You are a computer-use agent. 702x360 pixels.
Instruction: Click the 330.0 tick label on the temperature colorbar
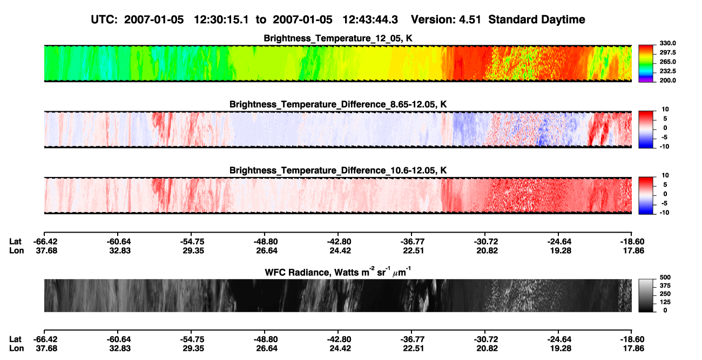[x=667, y=43]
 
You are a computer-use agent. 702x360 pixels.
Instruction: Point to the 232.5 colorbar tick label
[x=667, y=71]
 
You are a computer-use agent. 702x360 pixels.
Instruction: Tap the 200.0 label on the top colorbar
[x=667, y=80]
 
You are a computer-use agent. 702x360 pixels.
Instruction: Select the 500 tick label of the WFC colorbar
[x=665, y=277]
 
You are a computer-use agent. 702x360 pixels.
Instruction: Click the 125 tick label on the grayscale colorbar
[x=665, y=302]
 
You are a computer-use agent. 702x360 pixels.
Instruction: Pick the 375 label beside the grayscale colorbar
[x=665, y=286]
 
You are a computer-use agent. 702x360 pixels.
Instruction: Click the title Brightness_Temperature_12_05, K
[x=338, y=38]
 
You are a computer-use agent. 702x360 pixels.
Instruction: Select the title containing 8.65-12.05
[x=338, y=104]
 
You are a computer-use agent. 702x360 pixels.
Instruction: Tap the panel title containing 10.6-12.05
[x=338, y=171]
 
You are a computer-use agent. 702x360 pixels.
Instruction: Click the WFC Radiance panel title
[x=338, y=271]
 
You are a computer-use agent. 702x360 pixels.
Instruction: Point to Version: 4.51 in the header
[x=446, y=19]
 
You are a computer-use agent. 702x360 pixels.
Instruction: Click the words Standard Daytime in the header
[x=537, y=19]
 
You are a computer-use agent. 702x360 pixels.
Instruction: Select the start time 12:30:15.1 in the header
[x=221, y=19]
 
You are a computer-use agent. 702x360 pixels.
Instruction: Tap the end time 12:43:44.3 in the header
[x=370, y=19]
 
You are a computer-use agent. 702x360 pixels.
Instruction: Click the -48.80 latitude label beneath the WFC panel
[x=265, y=339]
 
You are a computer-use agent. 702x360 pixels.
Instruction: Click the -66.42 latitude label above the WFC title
[x=45, y=242]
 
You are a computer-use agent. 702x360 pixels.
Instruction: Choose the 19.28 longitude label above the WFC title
[x=561, y=250]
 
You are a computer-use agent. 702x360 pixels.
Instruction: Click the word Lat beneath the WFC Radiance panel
[x=15, y=339]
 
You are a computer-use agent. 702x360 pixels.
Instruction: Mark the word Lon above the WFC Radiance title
[x=16, y=250]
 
